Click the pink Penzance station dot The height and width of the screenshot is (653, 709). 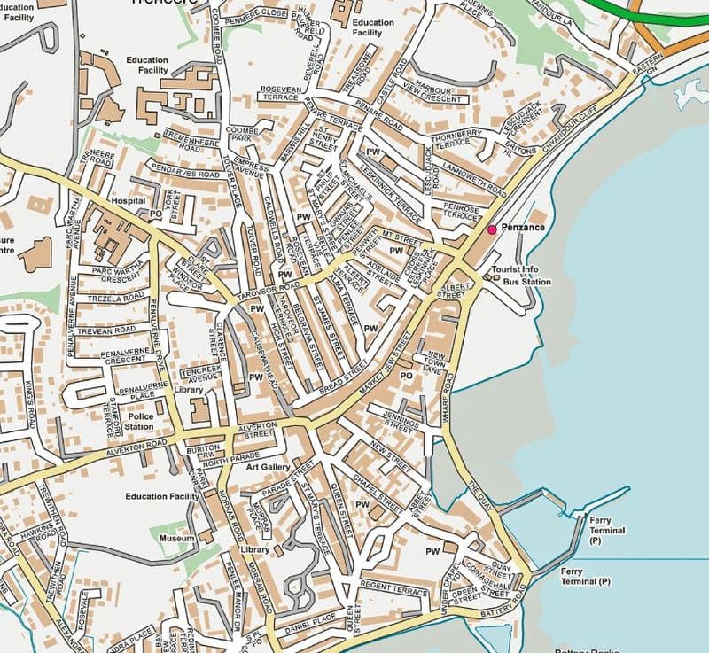tap(492, 229)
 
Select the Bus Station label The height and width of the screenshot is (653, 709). tap(526, 282)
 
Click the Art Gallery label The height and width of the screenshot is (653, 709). tap(269, 466)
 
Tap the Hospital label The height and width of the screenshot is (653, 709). tap(128, 201)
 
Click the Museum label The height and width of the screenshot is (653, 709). tap(176, 538)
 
